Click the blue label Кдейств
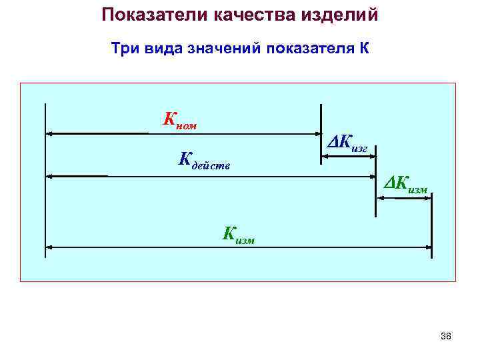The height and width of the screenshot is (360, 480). coord(204,160)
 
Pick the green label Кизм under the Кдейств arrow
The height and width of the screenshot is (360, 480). coord(239,234)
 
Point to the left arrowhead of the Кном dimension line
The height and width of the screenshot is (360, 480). coord(49,133)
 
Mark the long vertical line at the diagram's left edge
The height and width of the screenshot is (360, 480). coord(45,180)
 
